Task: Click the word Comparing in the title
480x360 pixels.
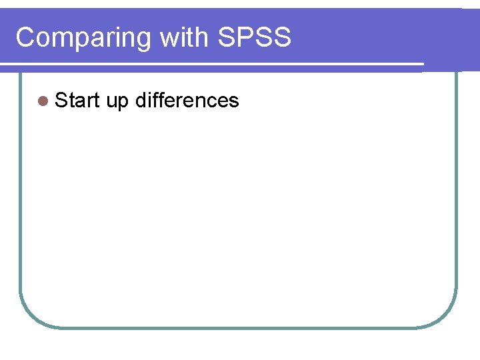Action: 84,38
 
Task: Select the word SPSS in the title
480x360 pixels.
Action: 255,37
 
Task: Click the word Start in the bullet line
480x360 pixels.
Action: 77,101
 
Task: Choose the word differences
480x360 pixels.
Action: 187,101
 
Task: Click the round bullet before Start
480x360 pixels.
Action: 43,101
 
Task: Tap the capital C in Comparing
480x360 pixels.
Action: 25,37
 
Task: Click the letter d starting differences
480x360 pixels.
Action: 141,101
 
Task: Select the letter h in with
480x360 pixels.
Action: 204,37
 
